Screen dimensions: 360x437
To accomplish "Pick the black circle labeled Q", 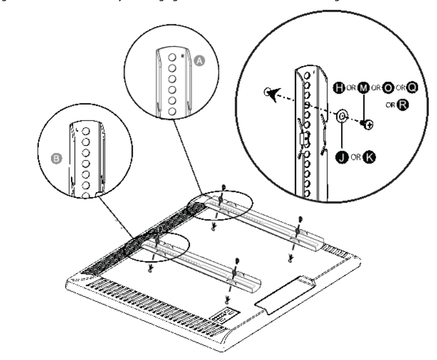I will click(411, 87).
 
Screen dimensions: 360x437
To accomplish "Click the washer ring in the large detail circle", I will click(342, 116).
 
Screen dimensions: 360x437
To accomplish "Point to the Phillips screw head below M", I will click(370, 125).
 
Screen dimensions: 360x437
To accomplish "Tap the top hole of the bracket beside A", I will click(172, 57).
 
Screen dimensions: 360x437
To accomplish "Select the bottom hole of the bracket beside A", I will click(172, 111).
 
